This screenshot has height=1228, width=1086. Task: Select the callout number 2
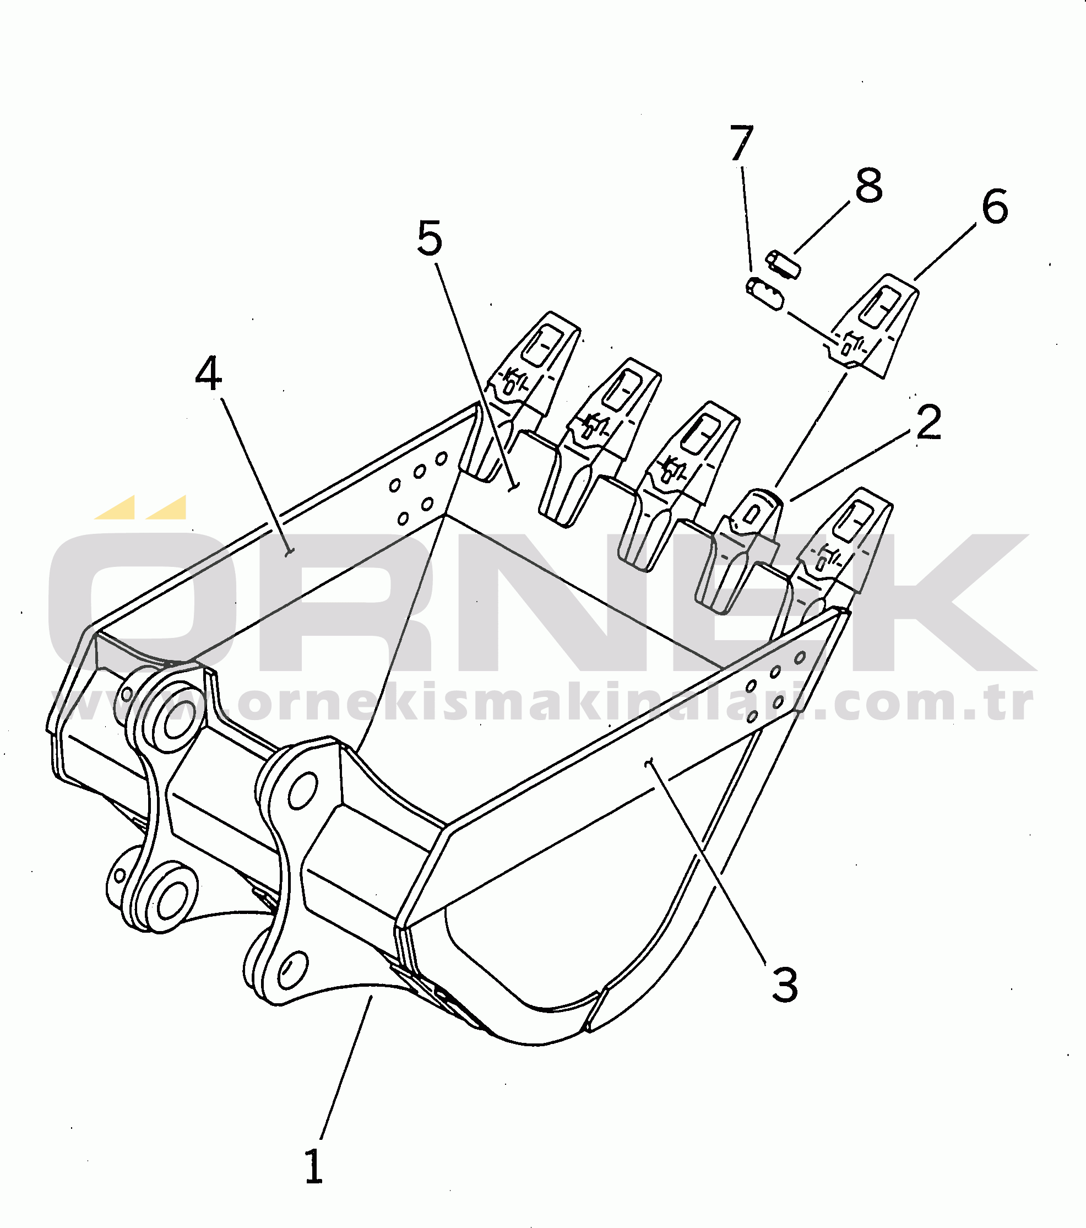tap(928, 423)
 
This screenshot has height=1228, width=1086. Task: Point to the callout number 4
tap(208, 373)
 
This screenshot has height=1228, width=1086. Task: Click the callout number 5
tap(430, 238)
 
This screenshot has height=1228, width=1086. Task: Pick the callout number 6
tap(995, 206)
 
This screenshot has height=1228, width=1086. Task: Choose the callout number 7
tap(742, 143)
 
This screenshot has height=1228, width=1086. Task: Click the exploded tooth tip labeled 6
tap(875, 325)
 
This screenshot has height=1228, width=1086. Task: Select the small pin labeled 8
tap(781, 264)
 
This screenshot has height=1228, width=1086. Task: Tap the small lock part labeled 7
tap(764, 294)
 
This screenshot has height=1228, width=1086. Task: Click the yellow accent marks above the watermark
tap(140, 507)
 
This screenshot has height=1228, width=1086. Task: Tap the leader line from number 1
tap(346, 1068)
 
